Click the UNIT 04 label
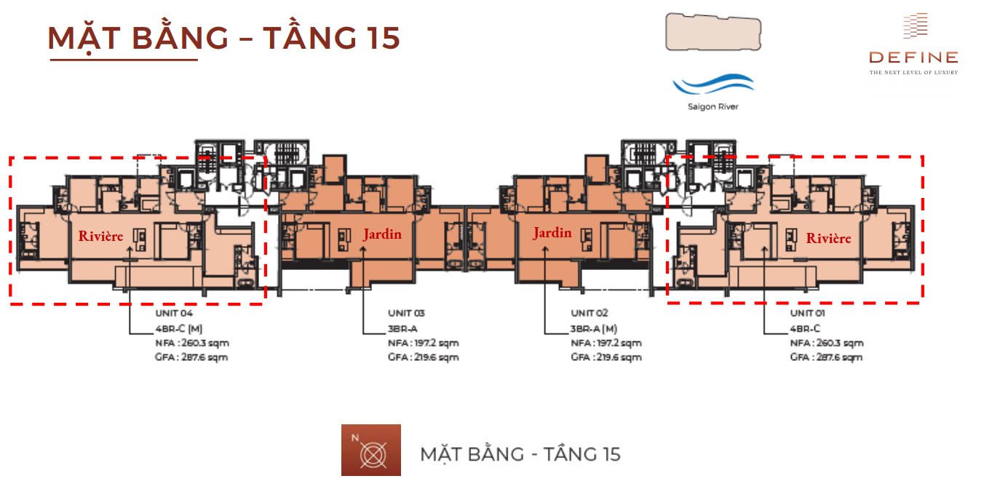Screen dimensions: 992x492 click(x=174, y=314)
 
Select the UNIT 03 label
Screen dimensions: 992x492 click(x=406, y=314)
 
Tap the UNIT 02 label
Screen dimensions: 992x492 click(x=589, y=313)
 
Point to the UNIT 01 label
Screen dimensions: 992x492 click(x=807, y=314)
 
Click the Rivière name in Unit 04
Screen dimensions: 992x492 click(x=100, y=236)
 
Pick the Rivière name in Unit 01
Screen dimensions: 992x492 click(x=828, y=238)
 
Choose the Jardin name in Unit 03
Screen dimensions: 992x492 click(x=382, y=234)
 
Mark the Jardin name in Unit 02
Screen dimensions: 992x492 click(x=552, y=232)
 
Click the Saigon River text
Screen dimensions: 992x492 click(x=713, y=107)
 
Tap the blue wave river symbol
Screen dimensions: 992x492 click(x=713, y=84)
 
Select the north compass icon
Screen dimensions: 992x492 click(x=371, y=451)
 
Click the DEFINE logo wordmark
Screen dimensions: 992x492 click(x=913, y=57)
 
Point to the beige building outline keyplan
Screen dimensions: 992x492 click(x=713, y=32)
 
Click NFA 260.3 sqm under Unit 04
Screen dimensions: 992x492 click(x=191, y=344)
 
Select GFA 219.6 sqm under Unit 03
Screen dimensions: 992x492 click(x=424, y=357)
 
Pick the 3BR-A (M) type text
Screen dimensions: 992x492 click(x=593, y=329)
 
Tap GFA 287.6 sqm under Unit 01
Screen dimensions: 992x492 click(x=826, y=357)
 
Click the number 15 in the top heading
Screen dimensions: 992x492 click(x=383, y=38)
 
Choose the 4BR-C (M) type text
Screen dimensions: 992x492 click(x=179, y=329)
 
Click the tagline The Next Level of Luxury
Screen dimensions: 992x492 click(x=913, y=72)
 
